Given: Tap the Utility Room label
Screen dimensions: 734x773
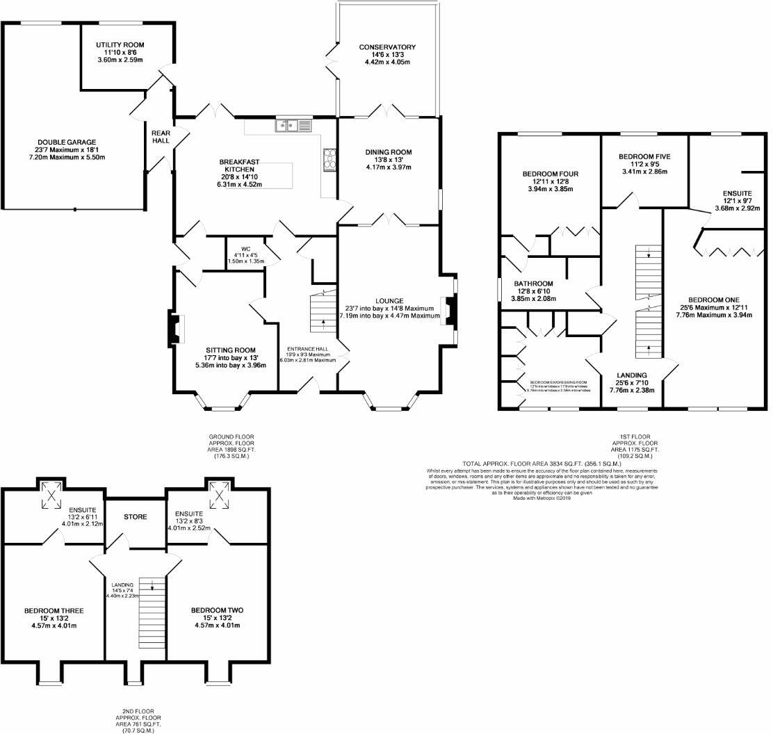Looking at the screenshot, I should click(120, 45).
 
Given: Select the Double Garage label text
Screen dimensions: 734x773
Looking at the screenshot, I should click(67, 142).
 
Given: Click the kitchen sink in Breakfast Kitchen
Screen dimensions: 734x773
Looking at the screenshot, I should click(295, 126).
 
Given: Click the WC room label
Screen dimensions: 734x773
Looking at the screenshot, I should click(246, 249).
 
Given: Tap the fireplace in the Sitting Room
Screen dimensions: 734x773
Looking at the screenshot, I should click(175, 329).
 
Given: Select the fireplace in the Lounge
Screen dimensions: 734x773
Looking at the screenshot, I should click(448, 311).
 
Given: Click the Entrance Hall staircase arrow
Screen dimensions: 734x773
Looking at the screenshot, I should click(323, 322).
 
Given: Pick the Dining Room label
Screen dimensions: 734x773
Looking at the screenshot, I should click(389, 152).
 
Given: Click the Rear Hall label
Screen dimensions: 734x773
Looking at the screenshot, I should click(160, 135).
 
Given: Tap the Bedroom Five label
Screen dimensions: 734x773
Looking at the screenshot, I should click(644, 157).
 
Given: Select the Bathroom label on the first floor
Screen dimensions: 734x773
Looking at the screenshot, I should click(533, 284).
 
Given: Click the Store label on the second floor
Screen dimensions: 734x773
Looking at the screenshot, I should click(135, 517).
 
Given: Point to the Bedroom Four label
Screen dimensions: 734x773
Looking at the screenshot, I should click(550, 174).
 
